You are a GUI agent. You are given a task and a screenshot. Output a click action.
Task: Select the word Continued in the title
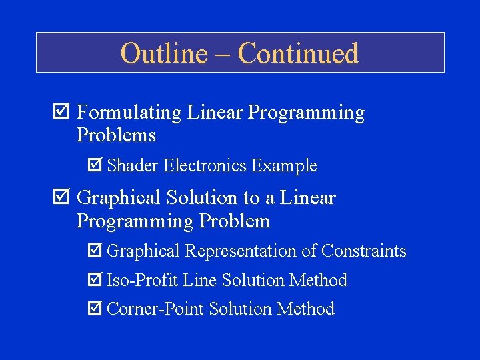pos(298,53)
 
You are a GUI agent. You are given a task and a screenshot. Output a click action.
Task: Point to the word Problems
pos(116,135)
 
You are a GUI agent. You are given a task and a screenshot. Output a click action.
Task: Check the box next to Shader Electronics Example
pos(95,165)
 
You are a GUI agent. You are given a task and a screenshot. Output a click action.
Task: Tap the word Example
pos(285,165)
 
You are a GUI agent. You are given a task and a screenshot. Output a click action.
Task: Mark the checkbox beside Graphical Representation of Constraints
pos(95,251)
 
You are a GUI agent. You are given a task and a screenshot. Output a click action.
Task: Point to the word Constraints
pos(364,251)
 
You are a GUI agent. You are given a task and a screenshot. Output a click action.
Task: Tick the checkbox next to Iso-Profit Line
pos(95,281)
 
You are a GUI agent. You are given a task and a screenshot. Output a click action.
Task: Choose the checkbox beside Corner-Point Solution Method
pos(95,309)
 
